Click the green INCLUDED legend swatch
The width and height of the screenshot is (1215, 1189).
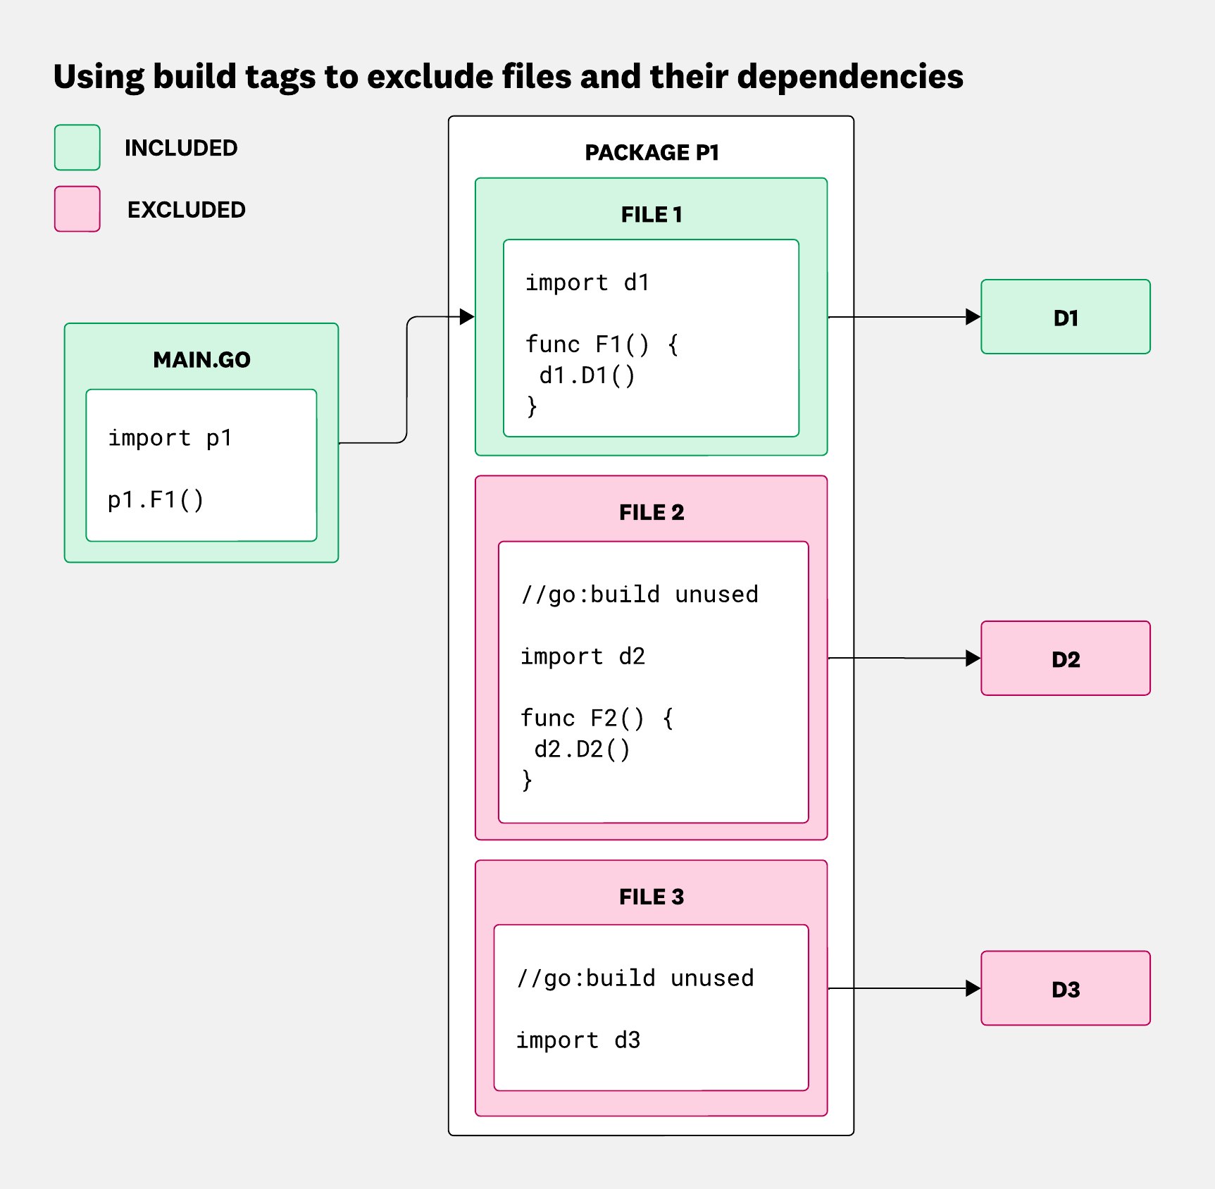77,147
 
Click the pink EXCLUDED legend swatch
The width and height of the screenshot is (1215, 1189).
77,208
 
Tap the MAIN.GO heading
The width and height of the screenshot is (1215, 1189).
201,360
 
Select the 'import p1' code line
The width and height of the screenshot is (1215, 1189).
170,438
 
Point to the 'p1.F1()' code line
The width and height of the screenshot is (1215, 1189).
156,499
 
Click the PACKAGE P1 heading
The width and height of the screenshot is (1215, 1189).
652,153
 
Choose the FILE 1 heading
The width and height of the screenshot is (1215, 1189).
652,215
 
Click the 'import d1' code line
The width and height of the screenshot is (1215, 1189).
587,282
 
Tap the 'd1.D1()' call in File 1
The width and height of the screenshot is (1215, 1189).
587,375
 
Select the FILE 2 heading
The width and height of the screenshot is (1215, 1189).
652,513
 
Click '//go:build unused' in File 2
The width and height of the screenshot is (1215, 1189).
640,594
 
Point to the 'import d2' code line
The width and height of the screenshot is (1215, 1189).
582,656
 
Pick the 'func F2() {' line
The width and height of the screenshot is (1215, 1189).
597,718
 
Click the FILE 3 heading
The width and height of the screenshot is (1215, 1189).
652,897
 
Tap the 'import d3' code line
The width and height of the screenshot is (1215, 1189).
578,1040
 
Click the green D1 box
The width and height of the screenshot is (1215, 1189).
1065,318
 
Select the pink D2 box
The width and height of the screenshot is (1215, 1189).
1065,659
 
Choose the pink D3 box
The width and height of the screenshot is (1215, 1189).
1065,989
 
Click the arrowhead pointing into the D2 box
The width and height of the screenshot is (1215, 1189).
973,659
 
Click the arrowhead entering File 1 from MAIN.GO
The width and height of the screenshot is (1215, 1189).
466,317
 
